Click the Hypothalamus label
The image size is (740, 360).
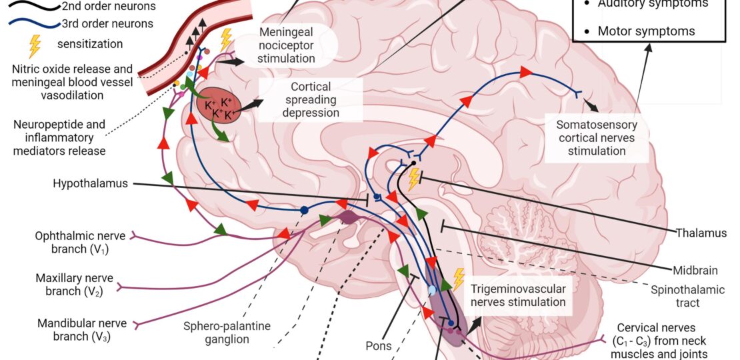(90, 183)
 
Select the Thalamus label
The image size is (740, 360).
(700, 233)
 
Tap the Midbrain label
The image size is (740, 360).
(694, 271)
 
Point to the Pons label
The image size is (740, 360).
(378, 346)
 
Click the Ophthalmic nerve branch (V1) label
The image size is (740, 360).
(72, 243)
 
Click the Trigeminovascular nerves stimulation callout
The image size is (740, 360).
(518, 296)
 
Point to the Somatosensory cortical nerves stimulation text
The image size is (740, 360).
(592, 138)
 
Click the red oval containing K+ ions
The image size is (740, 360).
(219, 105)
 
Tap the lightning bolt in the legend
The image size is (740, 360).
(34, 45)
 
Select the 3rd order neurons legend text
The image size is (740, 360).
(107, 24)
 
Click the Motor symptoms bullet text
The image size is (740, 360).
(646, 31)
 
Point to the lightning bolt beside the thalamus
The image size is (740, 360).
(414, 178)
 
